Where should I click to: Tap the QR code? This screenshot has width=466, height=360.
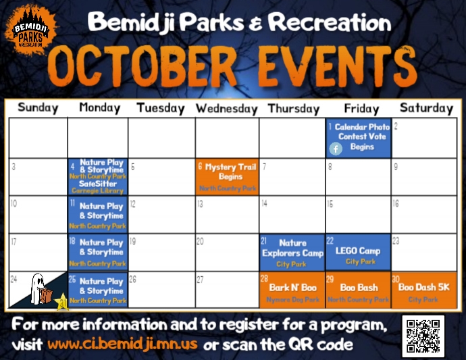pos(423,336)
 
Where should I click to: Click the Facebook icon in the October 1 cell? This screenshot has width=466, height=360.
pos(336,149)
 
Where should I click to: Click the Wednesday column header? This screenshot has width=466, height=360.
pos(227,108)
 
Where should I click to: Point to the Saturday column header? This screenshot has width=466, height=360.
pos(426,107)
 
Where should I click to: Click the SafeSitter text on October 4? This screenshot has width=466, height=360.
pos(98,184)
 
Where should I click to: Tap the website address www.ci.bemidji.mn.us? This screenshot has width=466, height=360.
pos(122,344)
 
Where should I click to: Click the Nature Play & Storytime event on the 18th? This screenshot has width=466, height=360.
pos(98,251)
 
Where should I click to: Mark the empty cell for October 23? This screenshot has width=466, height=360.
pos(425,253)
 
